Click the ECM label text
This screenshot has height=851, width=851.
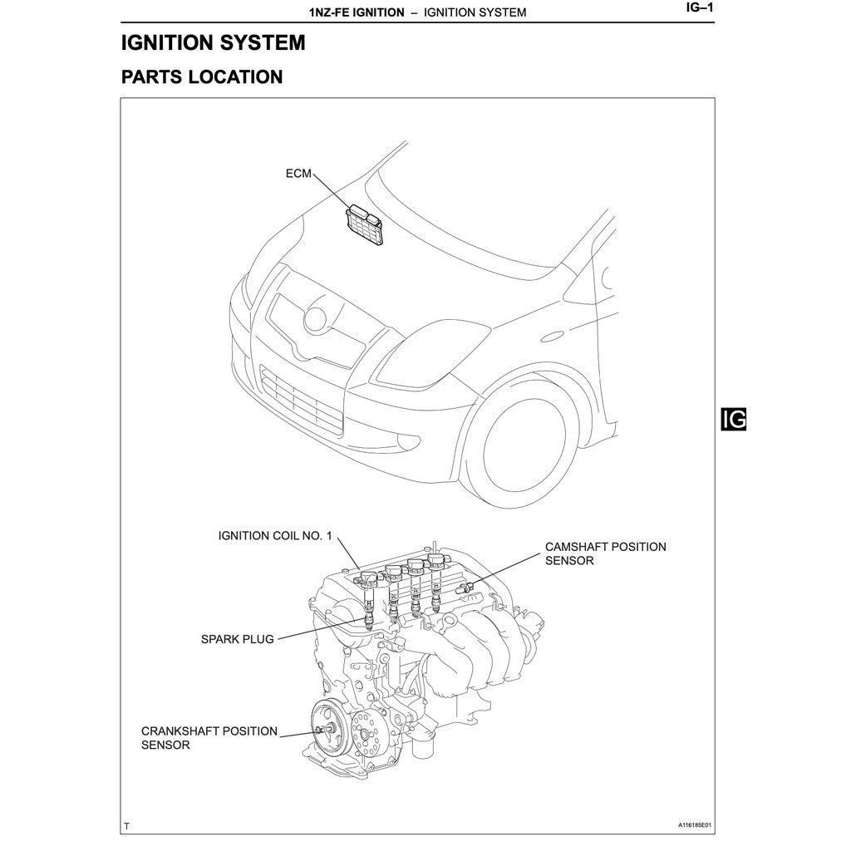click(298, 174)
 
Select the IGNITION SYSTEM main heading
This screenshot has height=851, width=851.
click(213, 43)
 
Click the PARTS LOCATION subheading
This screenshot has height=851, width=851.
click(202, 77)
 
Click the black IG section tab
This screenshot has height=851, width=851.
click(734, 420)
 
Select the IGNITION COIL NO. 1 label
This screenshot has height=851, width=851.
click(274, 536)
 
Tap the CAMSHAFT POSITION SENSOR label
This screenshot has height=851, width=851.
click(605, 553)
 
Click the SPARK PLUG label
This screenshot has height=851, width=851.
click(237, 640)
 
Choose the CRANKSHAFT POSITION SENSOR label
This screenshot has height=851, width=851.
click(209, 738)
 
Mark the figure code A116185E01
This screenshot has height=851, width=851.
click(695, 826)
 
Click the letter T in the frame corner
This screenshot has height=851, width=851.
click(126, 826)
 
